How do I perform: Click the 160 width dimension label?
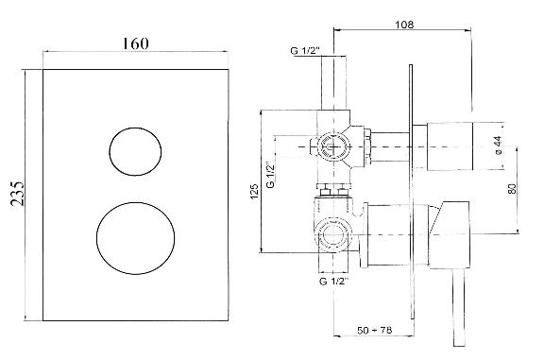135,43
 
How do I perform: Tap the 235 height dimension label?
17,194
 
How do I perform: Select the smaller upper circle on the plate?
135,151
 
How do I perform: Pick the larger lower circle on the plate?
135,238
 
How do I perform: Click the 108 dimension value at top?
404,25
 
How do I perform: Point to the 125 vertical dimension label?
255,191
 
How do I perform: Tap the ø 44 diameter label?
499,146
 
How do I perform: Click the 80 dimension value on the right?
514,188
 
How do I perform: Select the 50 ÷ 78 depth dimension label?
375,330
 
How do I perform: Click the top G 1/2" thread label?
305,51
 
